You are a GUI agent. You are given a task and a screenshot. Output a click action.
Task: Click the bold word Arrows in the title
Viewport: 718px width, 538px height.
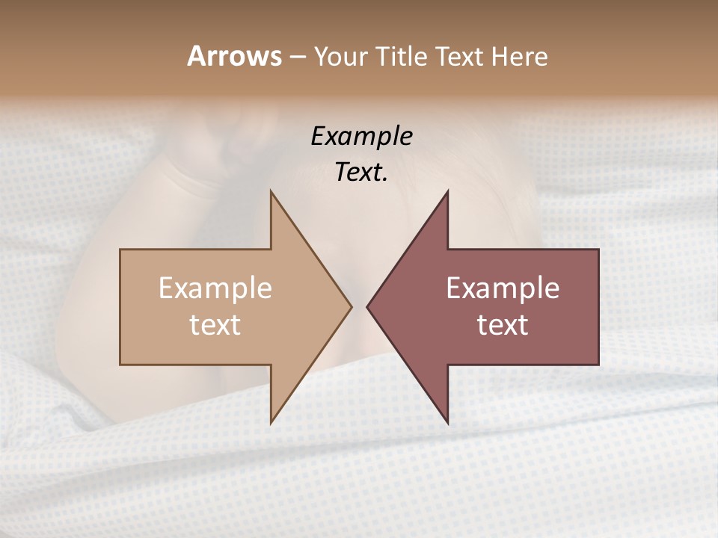point(234,56)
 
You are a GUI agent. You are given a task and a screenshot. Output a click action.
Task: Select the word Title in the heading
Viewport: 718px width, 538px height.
point(402,56)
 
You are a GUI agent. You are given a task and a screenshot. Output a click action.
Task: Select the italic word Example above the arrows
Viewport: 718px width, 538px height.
point(361,136)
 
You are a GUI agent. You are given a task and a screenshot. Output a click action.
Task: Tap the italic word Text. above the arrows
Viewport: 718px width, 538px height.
point(361,172)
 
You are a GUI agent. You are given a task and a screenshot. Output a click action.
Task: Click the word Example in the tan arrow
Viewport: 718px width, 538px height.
point(215,288)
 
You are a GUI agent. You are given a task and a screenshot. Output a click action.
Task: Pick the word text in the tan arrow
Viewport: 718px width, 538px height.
point(215,325)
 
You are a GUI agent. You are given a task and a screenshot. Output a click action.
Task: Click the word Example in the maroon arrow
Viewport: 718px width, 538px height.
point(503,288)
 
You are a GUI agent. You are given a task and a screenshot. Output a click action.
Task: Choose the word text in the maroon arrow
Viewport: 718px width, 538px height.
point(503,325)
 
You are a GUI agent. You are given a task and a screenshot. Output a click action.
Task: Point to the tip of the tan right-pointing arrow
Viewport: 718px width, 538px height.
point(352,306)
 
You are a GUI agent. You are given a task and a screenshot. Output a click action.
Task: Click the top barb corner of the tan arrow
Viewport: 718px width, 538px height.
point(271,191)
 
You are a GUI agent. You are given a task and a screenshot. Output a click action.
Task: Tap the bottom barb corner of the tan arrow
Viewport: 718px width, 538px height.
point(271,423)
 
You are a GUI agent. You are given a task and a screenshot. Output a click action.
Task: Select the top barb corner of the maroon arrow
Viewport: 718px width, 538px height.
point(448,191)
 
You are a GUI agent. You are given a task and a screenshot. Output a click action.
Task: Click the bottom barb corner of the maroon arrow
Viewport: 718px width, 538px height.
point(448,423)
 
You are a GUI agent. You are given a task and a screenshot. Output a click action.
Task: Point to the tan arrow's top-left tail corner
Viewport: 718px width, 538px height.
point(120,250)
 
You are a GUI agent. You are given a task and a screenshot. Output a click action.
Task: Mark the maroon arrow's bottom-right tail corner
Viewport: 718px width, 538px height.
point(598,365)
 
